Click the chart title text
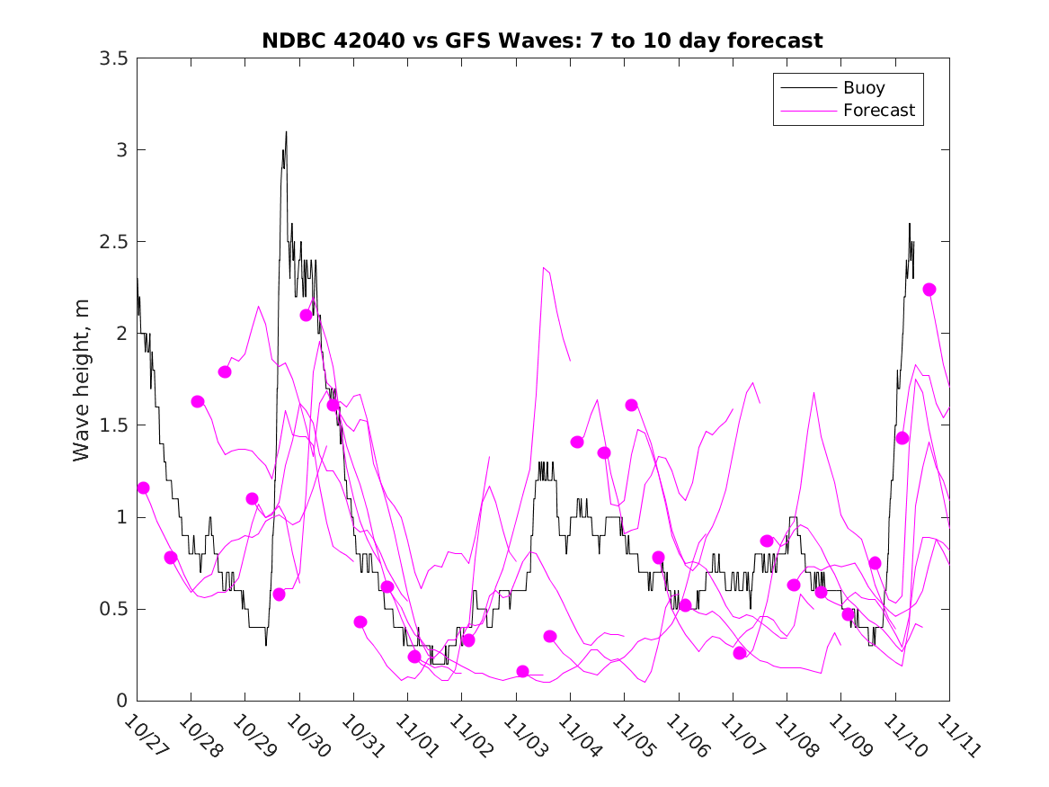click(542, 40)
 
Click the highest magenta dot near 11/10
click(929, 290)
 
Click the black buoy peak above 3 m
click(286, 132)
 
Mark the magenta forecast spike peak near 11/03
click(543, 267)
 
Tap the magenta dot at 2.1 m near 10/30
click(307, 315)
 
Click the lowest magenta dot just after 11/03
click(523, 671)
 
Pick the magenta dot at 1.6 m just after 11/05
click(631, 405)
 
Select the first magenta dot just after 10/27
click(143, 487)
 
